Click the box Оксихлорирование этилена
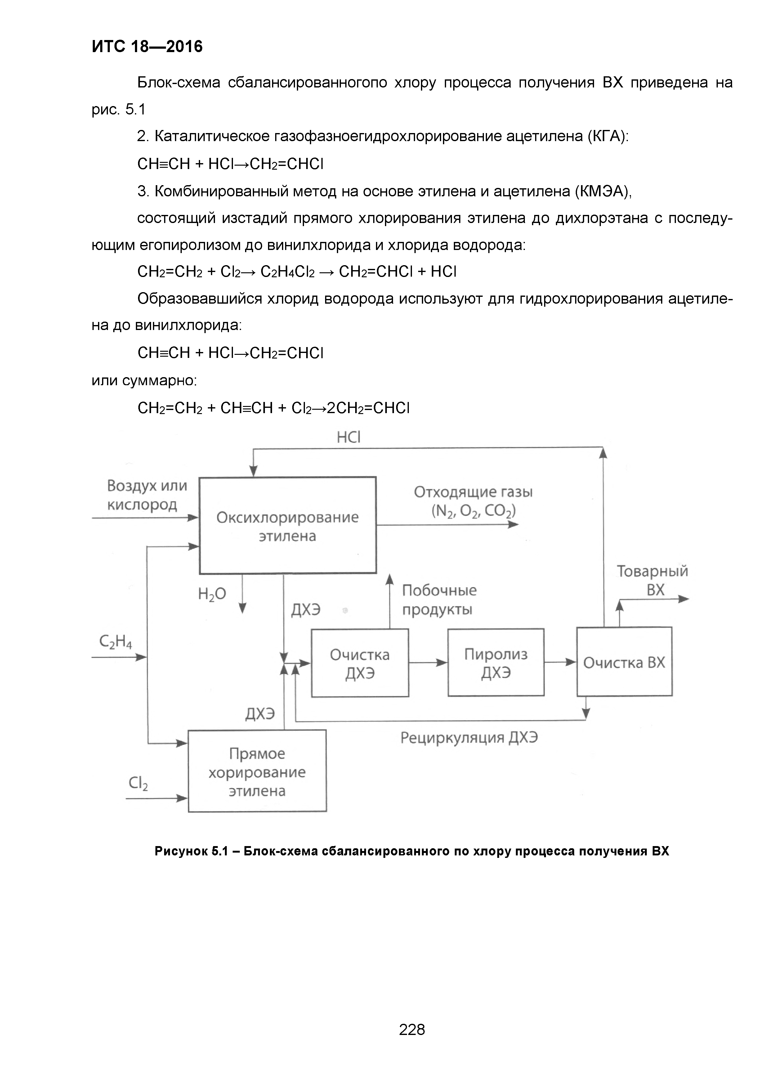(x=288, y=525)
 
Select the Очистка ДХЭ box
(x=360, y=663)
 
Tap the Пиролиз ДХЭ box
(x=496, y=662)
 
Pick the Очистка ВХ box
(x=624, y=662)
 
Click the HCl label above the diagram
(x=349, y=437)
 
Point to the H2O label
(x=212, y=594)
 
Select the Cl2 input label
(x=138, y=783)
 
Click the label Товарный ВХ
(x=652, y=581)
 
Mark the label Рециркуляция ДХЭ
(x=469, y=738)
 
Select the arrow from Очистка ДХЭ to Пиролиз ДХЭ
(x=428, y=662)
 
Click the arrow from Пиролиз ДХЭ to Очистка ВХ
(x=560, y=662)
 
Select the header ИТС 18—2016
(x=147, y=47)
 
